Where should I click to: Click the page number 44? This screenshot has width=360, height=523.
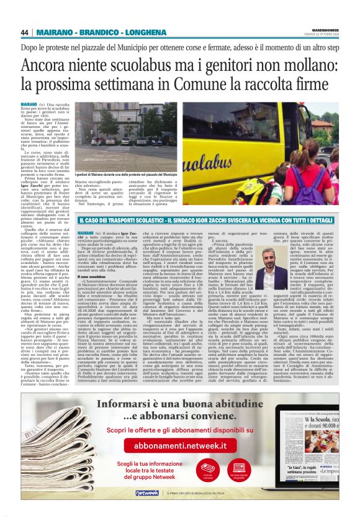pyautogui.click(x=24, y=32)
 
